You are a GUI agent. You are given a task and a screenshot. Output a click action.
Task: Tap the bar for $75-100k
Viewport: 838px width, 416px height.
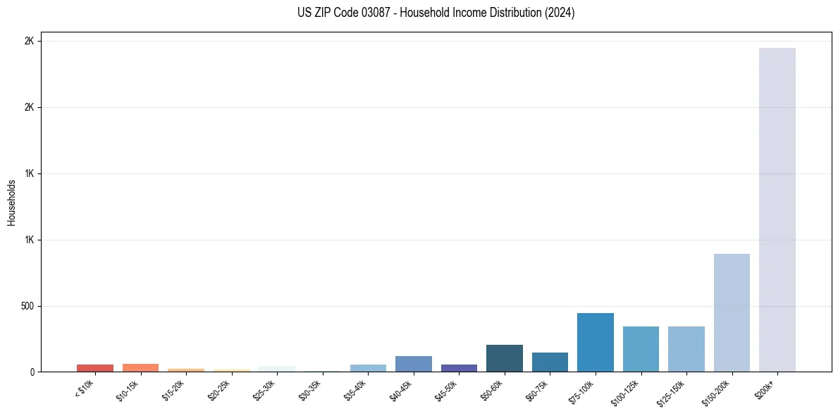tap(595, 342)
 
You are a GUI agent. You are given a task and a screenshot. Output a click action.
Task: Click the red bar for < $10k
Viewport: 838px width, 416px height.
tap(95, 368)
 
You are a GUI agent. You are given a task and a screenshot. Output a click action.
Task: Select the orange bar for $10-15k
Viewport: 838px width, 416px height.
tap(140, 367)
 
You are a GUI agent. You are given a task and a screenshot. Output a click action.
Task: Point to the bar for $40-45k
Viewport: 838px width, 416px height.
tap(413, 364)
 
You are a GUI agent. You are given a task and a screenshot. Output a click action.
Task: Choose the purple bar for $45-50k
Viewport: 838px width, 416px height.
tap(459, 368)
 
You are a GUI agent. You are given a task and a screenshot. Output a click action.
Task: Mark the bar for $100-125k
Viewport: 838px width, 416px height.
tap(641, 349)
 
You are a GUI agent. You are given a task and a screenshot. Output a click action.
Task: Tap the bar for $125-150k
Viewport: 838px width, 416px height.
tap(686, 349)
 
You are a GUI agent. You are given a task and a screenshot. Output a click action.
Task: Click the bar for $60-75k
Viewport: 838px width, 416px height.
tap(550, 362)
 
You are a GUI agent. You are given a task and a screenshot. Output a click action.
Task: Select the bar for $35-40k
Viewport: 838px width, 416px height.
tap(368, 368)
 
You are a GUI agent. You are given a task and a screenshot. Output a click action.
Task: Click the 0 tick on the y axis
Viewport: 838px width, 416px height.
tap(32, 372)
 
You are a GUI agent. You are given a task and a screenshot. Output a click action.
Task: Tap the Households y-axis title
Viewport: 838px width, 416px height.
tap(12, 202)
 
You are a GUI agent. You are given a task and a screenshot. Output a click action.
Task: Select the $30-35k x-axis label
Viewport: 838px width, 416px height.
tap(310, 389)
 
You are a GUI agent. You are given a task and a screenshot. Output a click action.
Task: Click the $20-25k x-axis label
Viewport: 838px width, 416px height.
tap(219, 389)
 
